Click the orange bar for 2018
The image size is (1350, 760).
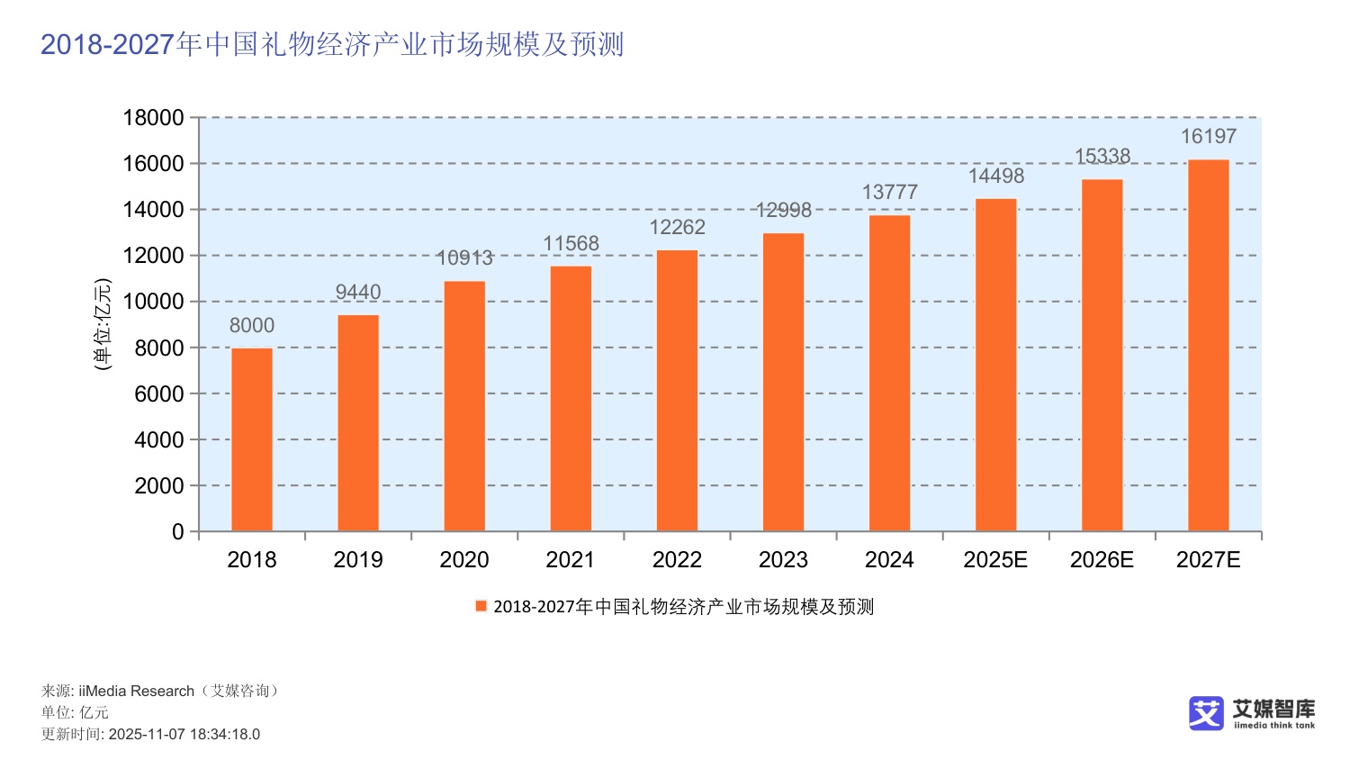click(252, 439)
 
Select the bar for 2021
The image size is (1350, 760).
click(571, 398)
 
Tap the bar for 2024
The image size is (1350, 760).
click(889, 373)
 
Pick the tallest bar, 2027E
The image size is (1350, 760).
click(1208, 345)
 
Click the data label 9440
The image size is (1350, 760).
click(358, 292)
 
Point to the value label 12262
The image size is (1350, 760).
click(677, 227)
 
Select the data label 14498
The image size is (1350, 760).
click(995, 176)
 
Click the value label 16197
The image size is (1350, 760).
click(1208, 136)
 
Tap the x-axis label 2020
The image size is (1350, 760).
click(464, 560)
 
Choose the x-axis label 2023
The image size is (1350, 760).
click(783, 560)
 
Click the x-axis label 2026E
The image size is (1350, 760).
click(1102, 560)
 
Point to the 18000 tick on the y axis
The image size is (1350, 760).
click(153, 118)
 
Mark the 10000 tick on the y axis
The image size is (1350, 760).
click(153, 302)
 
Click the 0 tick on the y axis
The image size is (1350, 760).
click(177, 532)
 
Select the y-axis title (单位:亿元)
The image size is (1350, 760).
click(103, 324)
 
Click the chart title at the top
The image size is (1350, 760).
click(332, 44)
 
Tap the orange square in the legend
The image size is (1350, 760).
click(481, 606)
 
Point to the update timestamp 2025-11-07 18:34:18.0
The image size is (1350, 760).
click(184, 734)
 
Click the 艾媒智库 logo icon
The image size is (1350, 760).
click(1206, 712)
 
